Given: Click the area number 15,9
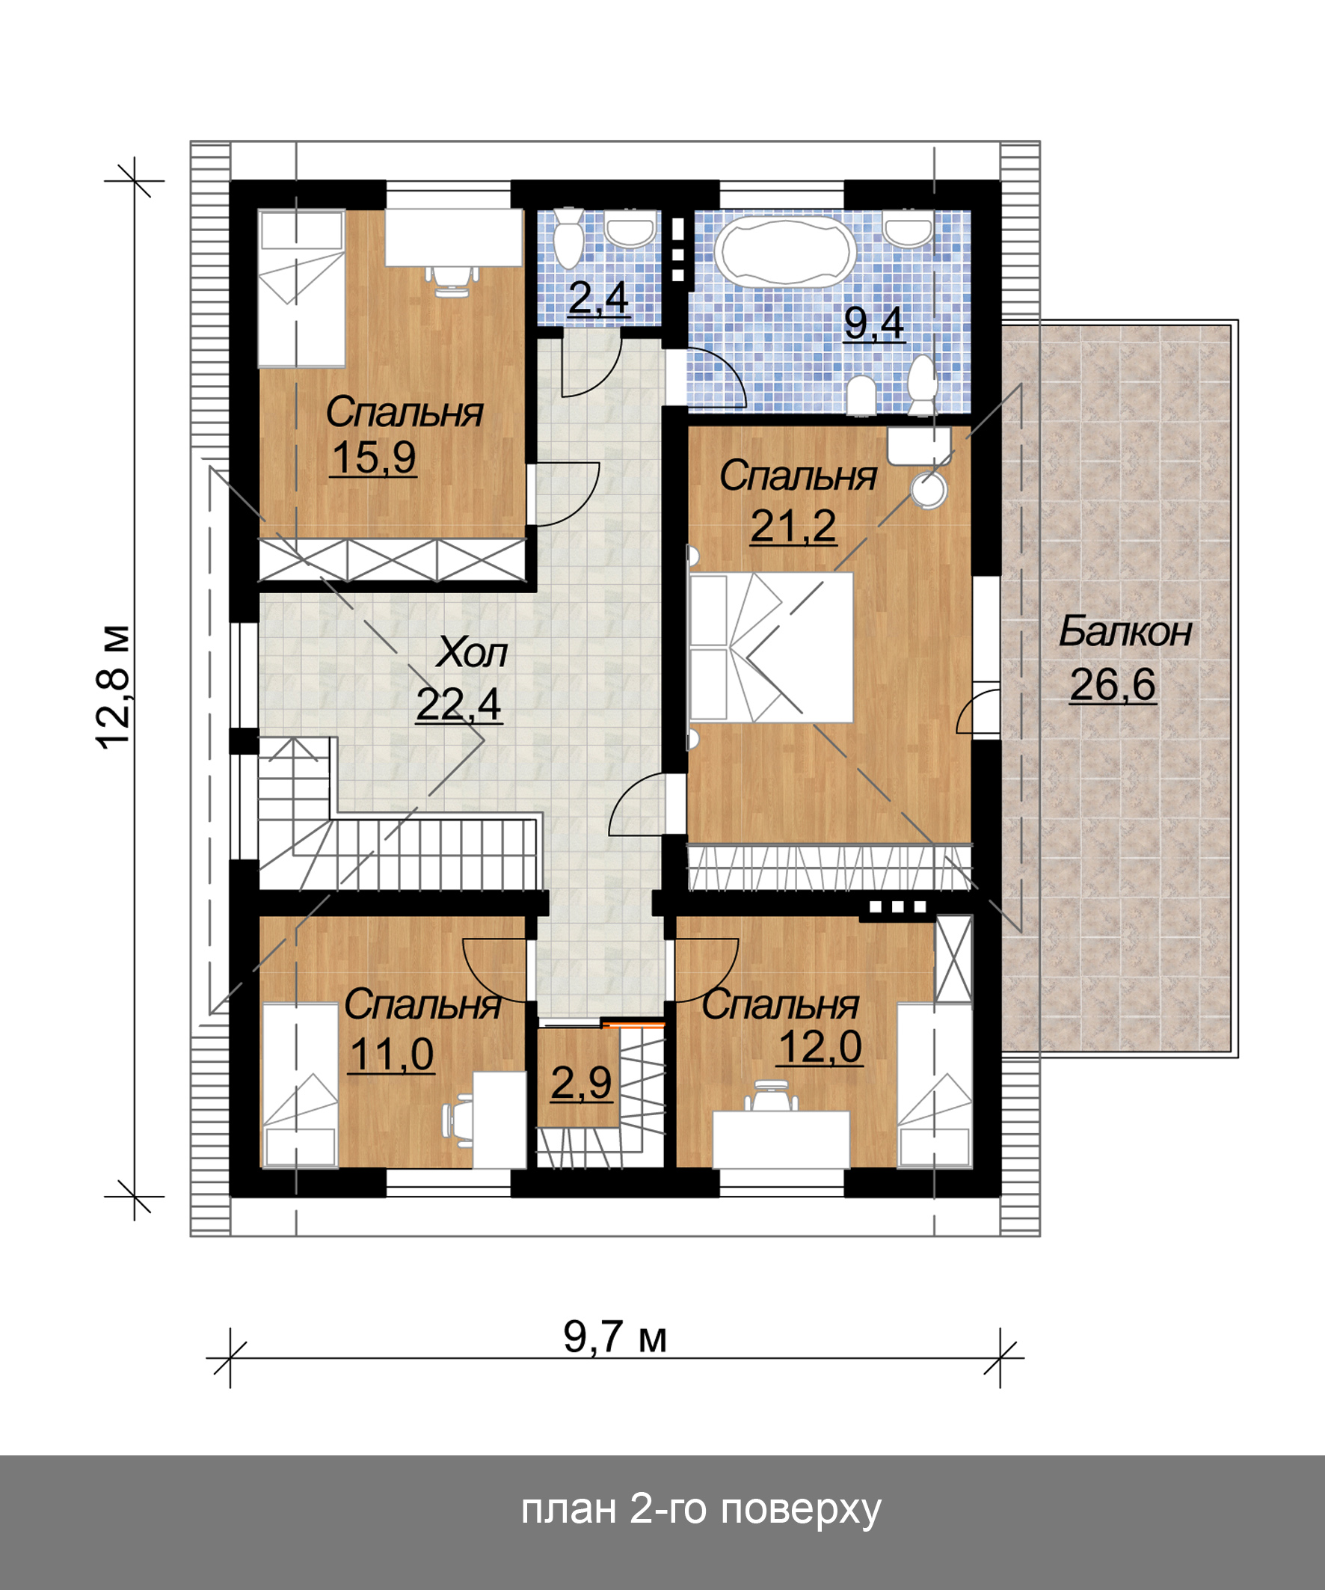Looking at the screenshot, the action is tap(373, 458).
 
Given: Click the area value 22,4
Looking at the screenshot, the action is tap(458, 705).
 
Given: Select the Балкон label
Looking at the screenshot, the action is tap(1125, 631).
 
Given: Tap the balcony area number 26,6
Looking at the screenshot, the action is tap(1112, 684).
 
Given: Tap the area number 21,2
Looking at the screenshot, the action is tap(793, 527).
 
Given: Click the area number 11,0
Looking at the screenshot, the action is tap(390, 1054).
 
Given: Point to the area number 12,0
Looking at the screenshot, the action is tap(820, 1047).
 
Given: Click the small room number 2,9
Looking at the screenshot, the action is tap(581, 1083).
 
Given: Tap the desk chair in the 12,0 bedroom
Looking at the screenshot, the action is tap(771, 1095).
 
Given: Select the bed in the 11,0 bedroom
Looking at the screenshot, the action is tap(300, 1084).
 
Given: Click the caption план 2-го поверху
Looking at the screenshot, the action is tap(701, 1508).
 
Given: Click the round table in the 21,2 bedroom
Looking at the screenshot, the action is tap(929, 490).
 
